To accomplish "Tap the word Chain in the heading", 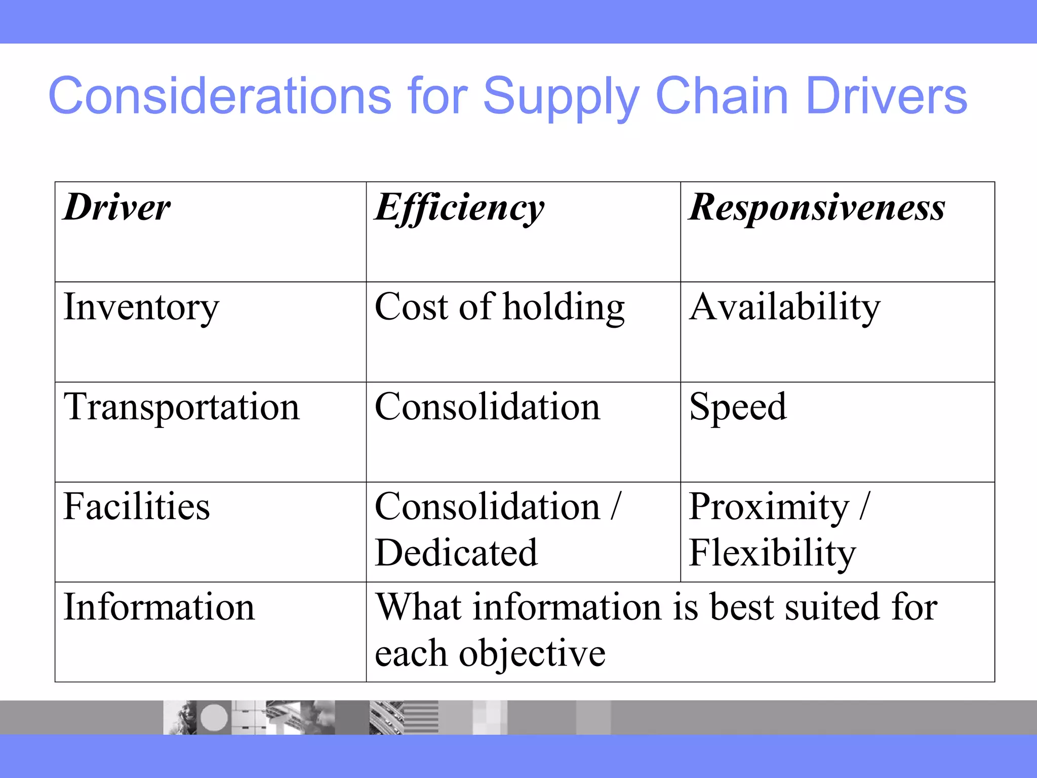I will [x=722, y=95].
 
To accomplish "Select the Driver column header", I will [x=117, y=208].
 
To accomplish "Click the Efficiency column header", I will [x=459, y=208].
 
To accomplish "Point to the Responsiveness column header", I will [x=817, y=208].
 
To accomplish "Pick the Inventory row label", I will [x=141, y=307].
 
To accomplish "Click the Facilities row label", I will [x=137, y=507].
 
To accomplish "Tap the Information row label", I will [x=159, y=607].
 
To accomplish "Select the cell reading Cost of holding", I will [x=499, y=307].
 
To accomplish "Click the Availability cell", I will [x=785, y=307].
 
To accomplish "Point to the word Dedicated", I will [x=456, y=553].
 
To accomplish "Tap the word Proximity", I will [x=769, y=507].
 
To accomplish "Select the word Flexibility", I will [x=772, y=553].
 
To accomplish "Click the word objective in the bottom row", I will [x=532, y=653].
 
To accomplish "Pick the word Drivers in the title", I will [x=886, y=95].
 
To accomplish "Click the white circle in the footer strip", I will [x=214, y=717].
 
